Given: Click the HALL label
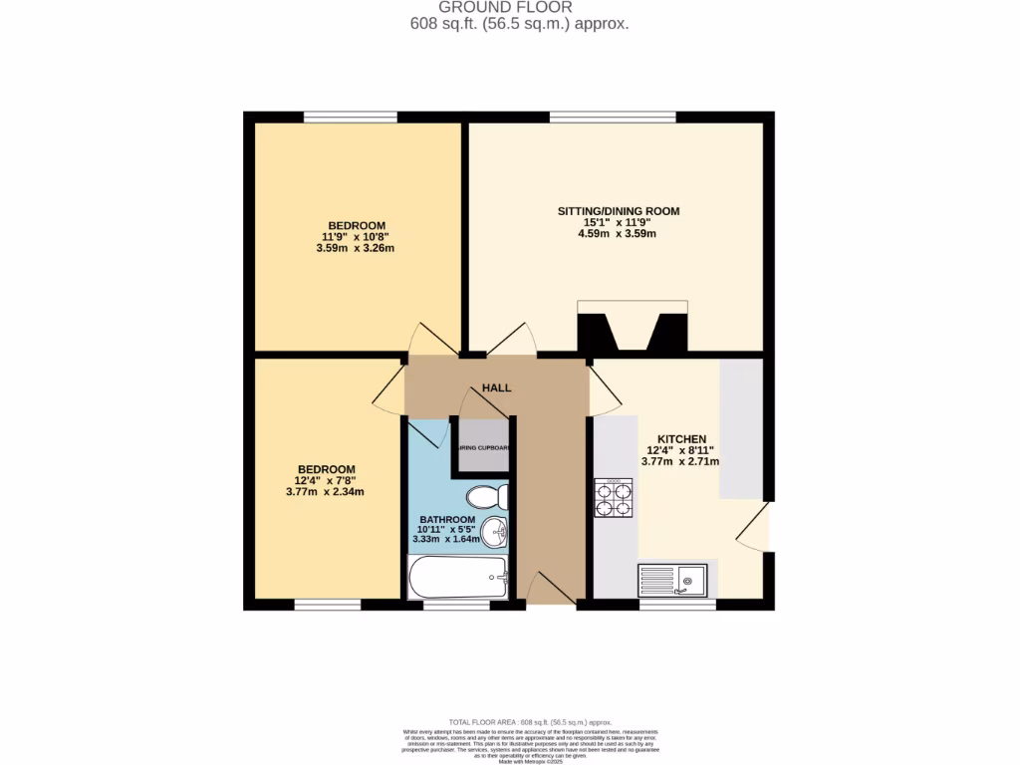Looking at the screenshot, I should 496,386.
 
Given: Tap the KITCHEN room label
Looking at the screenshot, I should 681,439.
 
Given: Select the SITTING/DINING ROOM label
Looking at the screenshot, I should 618,211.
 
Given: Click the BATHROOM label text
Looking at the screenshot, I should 446,519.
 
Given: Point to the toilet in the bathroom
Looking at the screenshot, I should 489,496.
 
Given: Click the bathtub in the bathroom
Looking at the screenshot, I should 458,577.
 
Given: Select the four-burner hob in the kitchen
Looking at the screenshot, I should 614,498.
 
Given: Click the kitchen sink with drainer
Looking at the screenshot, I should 672,580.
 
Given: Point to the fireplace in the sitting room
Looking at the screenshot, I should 633,329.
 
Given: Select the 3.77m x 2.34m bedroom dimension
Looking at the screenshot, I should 325,492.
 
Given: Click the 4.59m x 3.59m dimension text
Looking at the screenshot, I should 618,234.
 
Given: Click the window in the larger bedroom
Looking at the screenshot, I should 351,117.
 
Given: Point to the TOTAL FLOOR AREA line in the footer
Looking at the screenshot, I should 530,722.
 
